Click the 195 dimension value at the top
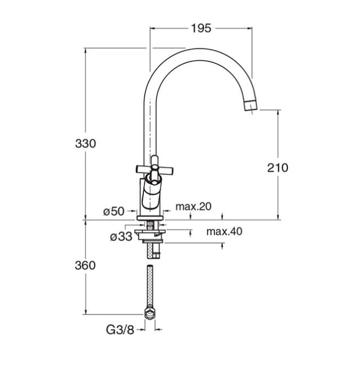pos(201,29)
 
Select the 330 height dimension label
pos(86,144)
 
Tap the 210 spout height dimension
pos(278,168)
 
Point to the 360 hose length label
pos(85,265)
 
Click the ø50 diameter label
pos(114,211)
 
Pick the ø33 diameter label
pos(121,236)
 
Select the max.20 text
pos(194,207)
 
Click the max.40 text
pos(225,231)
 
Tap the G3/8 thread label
pos(120,330)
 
